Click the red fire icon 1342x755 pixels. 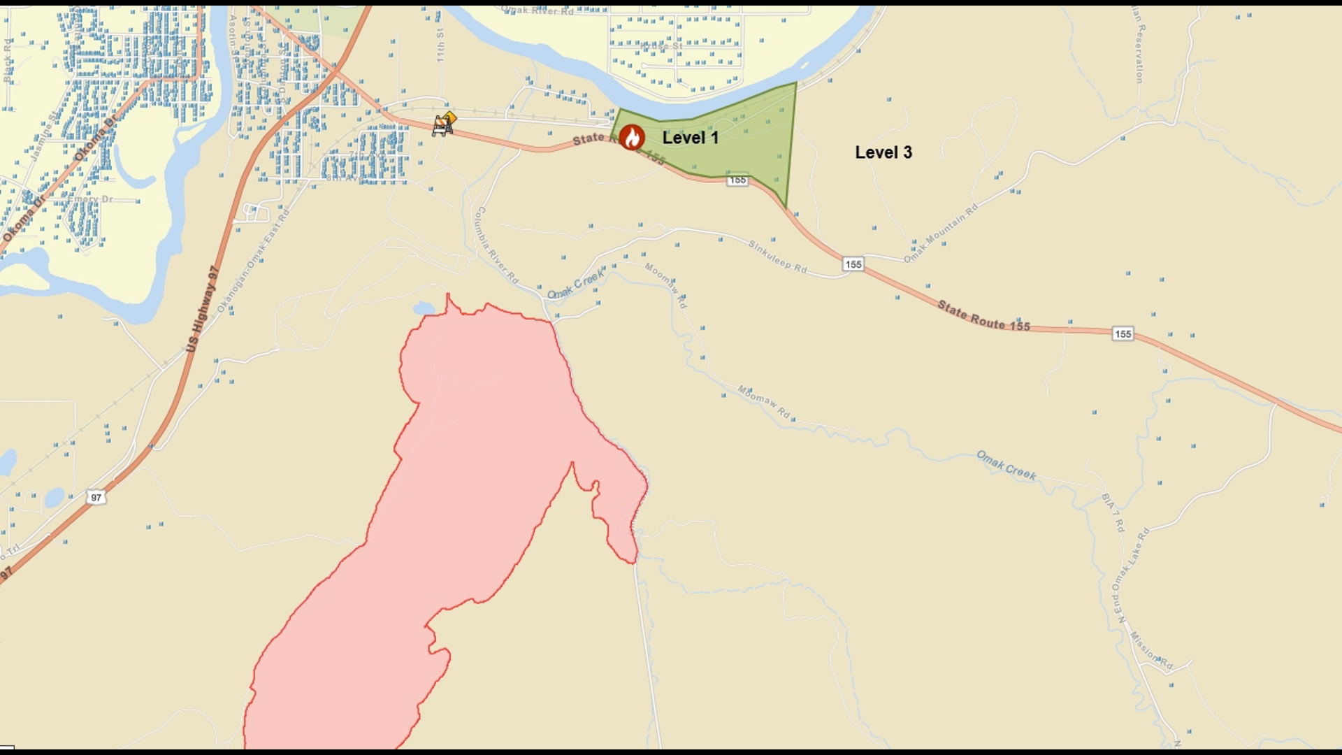pos(632,137)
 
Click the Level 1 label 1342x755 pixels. pos(690,138)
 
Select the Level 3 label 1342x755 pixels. pos(883,152)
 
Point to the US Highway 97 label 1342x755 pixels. pos(202,309)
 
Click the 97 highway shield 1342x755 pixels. pos(96,498)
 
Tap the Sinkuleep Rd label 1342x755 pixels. pos(777,257)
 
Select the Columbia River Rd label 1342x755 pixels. pos(496,245)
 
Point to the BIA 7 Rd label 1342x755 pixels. pos(1113,512)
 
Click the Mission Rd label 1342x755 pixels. pos(1151,651)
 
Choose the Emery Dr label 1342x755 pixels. pos(90,199)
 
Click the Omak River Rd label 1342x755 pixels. pos(537,10)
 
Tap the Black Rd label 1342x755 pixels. pos(8,60)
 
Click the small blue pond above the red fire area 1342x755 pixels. pos(424,308)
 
